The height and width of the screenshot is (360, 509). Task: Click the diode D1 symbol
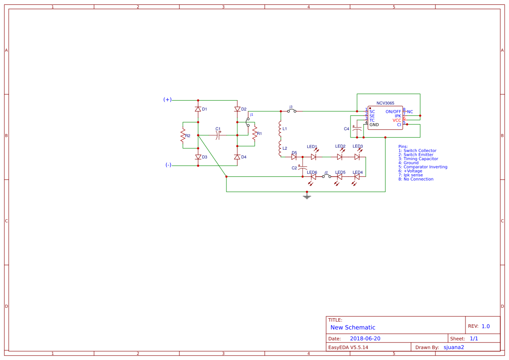click(x=198, y=109)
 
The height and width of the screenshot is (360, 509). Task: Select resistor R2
click(x=183, y=136)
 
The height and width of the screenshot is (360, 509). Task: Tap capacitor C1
click(x=218, y=135)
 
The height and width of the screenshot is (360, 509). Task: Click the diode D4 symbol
click(x=237, y=157)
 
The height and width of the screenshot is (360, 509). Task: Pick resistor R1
click(x=255, y=134)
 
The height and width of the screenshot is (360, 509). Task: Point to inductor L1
click(x=280, y=129)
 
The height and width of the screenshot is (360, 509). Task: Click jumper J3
click(x=291, y=111)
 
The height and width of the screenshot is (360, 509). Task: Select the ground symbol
click(x=307, y=197)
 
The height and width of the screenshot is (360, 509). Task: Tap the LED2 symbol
click(x=340, y=157)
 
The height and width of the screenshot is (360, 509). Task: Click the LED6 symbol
click(x=313, y=177)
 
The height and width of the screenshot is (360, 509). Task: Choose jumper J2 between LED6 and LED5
click(x=326, y=176)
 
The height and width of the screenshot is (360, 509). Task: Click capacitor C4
click(x=357, y=129)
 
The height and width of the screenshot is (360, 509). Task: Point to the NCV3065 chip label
click(x=385, y=103)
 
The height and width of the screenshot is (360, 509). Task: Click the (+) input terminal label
click(x=167, y=100)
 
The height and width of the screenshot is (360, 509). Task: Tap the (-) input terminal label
click(x=168, y=165)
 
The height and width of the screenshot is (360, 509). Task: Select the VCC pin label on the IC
click(x=397, y=121)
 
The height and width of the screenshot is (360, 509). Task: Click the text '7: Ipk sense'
click(x=410, y=175)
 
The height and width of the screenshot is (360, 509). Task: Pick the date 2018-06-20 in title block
click(x=365, y=339)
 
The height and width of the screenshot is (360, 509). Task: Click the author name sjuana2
click(x=454, y=347)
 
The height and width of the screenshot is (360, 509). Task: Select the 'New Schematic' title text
click(x=353, y=327)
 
